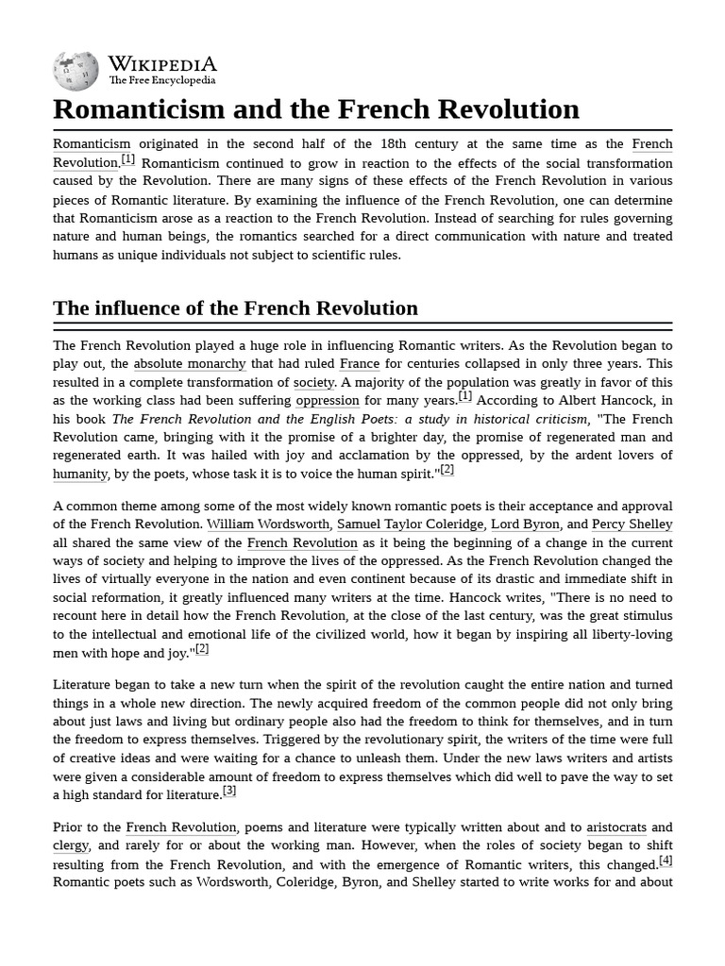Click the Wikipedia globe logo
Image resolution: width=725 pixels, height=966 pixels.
[x=76, y=71]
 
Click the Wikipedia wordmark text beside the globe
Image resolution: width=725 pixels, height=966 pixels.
[x=162, y=64]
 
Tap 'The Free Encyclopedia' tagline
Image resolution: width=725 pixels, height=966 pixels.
[x=162, y=81]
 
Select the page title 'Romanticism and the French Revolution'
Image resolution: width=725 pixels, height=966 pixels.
[x=316, y=109]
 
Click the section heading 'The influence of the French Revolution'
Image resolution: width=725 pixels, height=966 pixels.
[x=235, y=308]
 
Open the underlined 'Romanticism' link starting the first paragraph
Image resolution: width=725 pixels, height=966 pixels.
[x=92, y=144]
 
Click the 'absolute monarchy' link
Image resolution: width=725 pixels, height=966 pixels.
[x=189, y=364]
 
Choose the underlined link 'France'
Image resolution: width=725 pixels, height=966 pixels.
[x=359, y=364]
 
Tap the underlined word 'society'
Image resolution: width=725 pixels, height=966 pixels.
[x=313, y=382]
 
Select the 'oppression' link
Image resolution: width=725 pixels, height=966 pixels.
[x=328, y=400]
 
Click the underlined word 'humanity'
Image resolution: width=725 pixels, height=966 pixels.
[x=80, y=474]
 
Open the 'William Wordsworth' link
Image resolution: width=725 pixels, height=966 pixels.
[x=268, y=525]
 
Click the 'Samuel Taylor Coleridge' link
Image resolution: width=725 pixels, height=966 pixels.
[x=410, y=525]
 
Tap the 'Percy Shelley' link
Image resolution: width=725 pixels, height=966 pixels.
[x=632, y=525]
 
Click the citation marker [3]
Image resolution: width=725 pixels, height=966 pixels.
[x=229, y=791]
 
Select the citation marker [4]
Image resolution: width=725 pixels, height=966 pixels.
[x=666, y=860]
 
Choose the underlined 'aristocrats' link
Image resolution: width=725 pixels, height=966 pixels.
[x=616, y=828]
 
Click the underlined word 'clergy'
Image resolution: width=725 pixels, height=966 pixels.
[x=71, y=846]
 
